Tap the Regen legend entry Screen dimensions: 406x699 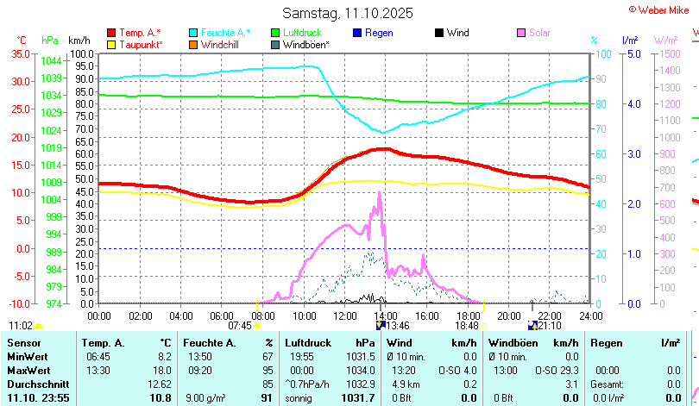(x=379, y=33)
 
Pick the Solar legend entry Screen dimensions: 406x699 (x=538, y=33)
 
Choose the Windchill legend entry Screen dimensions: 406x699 (x=221, y=44)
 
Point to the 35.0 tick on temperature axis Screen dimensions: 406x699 (x=18, y=53)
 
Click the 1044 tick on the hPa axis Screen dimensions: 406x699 (x=51, y=61)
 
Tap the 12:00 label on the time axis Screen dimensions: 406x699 (x=344, y=315)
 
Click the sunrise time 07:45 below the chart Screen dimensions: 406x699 (x=240, y=326)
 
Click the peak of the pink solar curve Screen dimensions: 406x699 (x=380, y=193)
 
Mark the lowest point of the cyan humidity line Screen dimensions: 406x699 (x=382, y=132)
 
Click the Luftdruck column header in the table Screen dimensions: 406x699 (x=307, y=343)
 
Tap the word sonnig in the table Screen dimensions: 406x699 (x=299, y=397)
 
